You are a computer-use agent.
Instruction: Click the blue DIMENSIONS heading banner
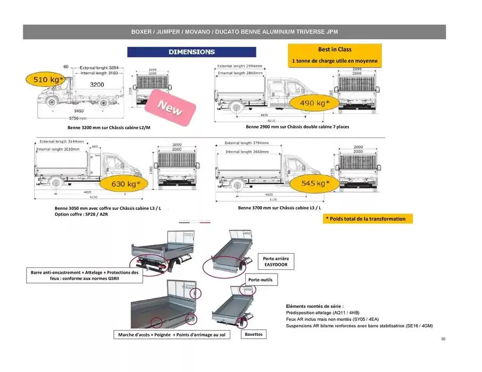pyautogui.click(x=192, y=52)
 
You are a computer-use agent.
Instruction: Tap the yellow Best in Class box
pyautogui.click(x=335, y=55)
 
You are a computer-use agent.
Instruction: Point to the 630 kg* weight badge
pyautogui.click(x=126, y=184)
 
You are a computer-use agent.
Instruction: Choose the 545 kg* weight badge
pyautogui.click(x=312, y=183)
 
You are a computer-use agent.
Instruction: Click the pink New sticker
pyautogui.click(x=169, y=108)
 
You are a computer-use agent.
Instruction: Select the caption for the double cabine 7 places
pyautogui.click(x=297, y=127)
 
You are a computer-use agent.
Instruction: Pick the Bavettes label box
pyautogui.click(x=253, y=334)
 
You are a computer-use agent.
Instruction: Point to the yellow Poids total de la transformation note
pyautogui.click(x=367, y=218)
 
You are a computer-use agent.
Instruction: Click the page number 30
pyautogui.click(x=443, y=339)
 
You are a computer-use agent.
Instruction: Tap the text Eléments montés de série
pyautogui.click(x=314, y=306)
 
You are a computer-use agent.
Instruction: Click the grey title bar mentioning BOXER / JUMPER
pyautogui.click(x=234, y=32)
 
